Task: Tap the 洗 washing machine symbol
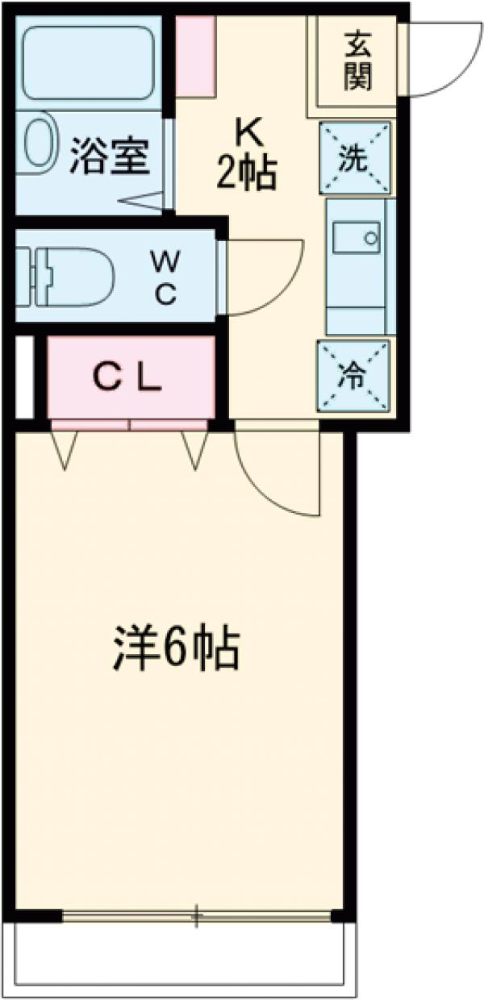356,158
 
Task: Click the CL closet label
129,377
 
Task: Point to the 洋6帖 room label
175,649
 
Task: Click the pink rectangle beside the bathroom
196,56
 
